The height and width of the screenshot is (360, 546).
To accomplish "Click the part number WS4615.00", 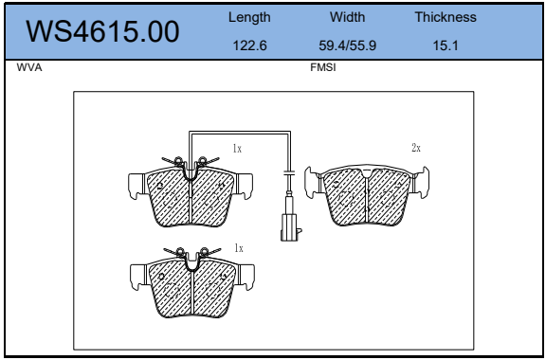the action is (102, 31).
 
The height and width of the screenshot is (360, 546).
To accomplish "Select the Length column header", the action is (249, 17).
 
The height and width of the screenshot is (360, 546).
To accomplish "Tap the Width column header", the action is (348, 17).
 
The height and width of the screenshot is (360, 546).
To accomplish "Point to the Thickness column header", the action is (446, 17).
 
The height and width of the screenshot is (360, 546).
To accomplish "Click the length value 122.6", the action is (249, 45).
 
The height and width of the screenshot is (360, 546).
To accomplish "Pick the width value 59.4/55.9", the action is (348, 45).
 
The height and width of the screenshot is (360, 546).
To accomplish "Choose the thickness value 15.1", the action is (446, 45).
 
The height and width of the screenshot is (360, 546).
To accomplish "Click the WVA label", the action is (29, 67).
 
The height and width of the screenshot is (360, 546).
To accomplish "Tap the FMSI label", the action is (323, 67).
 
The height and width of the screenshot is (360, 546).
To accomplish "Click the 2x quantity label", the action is (416, 148).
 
